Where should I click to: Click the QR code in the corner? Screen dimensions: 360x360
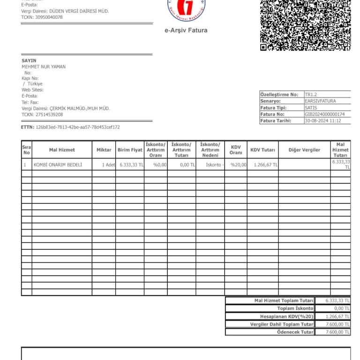click(x=305, y=24)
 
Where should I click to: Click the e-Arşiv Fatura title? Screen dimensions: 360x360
click(x=186, y=30)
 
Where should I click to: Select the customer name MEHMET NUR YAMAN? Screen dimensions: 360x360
click(x=44, y=67)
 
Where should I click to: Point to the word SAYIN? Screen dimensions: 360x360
click(x=29, y=60)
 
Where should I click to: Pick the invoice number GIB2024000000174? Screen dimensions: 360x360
click(x=324, y=114)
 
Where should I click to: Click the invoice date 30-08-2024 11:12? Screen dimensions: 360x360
click(x=323, y=120)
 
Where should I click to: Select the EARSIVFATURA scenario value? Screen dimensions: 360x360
click(x=320, y=101)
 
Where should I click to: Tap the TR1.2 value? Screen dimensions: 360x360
click(x=310, y=94)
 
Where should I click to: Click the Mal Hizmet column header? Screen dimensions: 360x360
click(x=62, y=150)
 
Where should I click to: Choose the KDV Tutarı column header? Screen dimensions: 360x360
click(x=262, y=150)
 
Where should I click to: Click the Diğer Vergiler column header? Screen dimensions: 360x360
click(x=304, y=150)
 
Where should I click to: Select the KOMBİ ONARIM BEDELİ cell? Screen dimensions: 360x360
click(x=58, y=165)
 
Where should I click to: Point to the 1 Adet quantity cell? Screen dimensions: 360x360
click(x=108, y=165)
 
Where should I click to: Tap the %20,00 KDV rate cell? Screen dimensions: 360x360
click(x=238, y=165)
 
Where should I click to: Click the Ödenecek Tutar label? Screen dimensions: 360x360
click(x=295, y=332)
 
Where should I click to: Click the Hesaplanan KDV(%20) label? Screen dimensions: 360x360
click(x=286, y=316)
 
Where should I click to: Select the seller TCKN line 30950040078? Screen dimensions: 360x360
click(x=42, y=17)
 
